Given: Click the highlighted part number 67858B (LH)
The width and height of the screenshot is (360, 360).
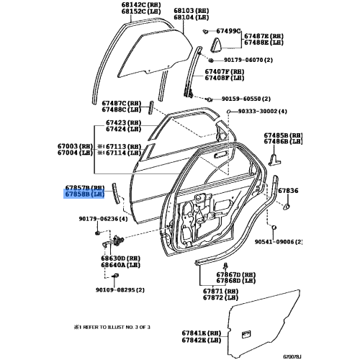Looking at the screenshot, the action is coord(84,194).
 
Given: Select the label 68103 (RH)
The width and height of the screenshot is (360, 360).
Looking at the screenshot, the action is coord(192,11).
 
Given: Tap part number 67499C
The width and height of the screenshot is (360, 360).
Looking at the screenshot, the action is coord(228,31).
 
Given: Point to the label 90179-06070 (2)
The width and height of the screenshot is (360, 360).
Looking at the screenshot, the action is coord(248,60).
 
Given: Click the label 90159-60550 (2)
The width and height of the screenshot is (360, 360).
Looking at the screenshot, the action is coord(246,99).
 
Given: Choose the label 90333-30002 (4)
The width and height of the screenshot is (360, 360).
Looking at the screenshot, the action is coord(262,112).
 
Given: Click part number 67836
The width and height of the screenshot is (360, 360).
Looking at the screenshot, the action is coord(288,191).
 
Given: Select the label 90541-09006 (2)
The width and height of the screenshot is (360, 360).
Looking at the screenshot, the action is coord(279,242).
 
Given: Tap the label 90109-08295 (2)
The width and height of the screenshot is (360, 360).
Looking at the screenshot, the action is coord(120,290).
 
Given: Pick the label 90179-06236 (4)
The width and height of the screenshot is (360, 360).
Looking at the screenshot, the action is coord(103,219).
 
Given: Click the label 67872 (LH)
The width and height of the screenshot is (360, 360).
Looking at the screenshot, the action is coord(220,297).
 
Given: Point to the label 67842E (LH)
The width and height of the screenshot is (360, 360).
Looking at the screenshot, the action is coord(202,340).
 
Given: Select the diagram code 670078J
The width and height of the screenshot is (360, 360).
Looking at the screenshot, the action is coord(292,356).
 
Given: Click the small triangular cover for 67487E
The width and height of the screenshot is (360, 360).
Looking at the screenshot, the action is coord(215,45).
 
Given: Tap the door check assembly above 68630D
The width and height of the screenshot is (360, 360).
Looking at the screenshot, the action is coord(113,241).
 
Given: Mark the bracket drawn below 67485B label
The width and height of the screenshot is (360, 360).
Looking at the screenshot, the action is coord(274,160).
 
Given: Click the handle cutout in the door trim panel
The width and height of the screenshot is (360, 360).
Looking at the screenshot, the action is coord(246,334).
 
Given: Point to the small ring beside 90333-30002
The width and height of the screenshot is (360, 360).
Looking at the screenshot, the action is coord(228,112).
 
